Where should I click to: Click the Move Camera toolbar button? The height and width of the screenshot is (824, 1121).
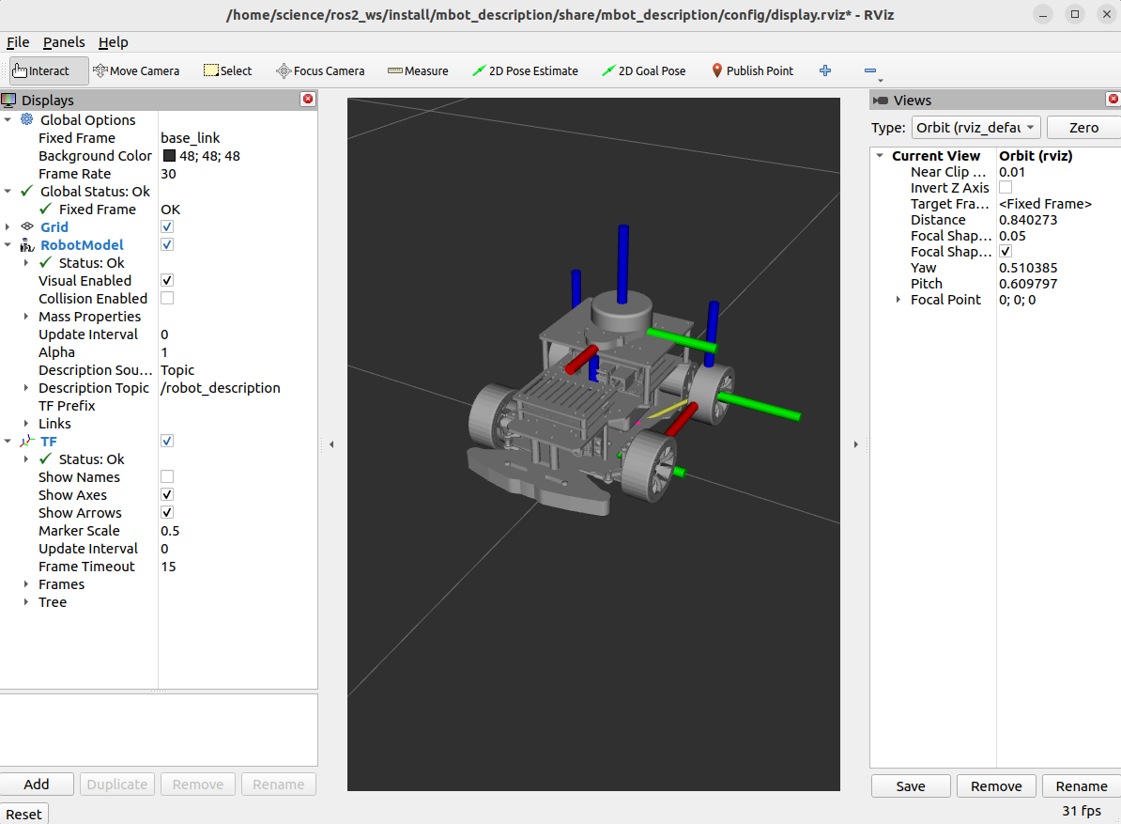coord(136,70)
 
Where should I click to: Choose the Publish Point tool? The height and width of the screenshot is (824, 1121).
coord(751,70)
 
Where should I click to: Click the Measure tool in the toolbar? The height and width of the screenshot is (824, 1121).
coord(418,70)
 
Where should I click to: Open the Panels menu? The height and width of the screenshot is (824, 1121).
coord(64,42)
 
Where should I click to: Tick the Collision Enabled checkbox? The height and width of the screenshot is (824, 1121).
coord(167,298)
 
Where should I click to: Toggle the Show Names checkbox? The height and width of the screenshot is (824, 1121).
coord(167,476)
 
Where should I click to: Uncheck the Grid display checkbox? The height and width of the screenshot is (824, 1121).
coord(167,226)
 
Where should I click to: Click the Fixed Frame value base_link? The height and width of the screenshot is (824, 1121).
coord(191,137)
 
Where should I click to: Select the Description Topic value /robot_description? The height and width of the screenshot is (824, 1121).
coord(221,387)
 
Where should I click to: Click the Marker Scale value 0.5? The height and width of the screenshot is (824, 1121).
coord(170,530)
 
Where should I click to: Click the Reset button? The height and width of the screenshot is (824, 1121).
coord(24,814)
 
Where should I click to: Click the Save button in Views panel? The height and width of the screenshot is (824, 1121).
coord(910,785)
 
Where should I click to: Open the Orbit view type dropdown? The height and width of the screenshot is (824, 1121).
coord(975,127)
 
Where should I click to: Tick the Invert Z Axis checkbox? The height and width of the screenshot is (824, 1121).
coord(1006,188)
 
